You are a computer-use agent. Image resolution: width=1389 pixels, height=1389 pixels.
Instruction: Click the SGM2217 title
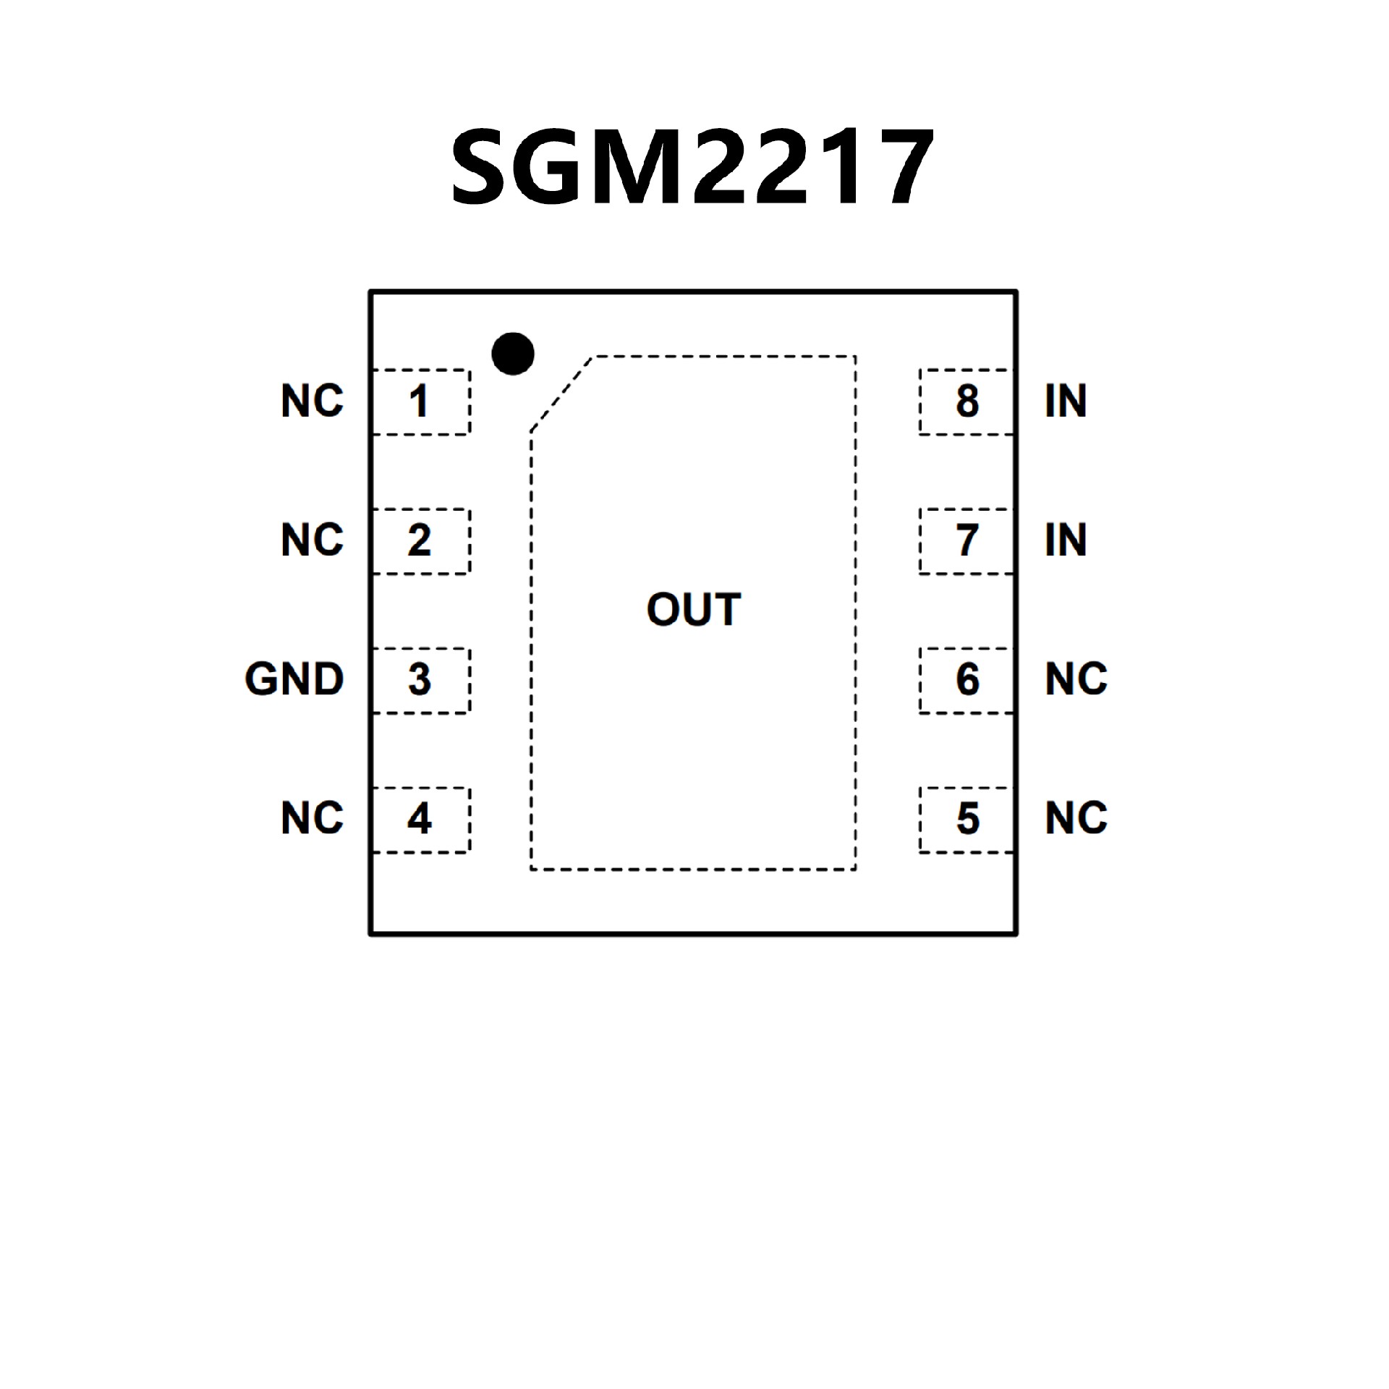click(x=692, y=168)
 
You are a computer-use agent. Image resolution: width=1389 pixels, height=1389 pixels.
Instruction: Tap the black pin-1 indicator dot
click(x=512, y=354)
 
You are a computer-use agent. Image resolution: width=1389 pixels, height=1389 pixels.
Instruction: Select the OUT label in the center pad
click(x=693, y=609)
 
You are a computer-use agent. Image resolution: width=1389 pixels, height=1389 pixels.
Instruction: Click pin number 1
click(x=419, y=402)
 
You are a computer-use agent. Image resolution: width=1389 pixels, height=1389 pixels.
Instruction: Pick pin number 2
click(x=419, y=540)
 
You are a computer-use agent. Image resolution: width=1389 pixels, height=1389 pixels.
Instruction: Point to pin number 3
click(x=419, y=680)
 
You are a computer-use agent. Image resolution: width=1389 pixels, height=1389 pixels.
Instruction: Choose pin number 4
click(x=419, y=819)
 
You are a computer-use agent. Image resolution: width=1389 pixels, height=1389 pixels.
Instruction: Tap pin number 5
click(x=967, y=819)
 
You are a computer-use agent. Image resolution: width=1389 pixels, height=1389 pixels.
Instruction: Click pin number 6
click(x=967, y=680)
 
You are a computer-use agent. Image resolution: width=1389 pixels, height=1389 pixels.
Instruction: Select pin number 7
click(x=967, y=540)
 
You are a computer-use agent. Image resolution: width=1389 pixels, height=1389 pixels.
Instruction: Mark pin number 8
click(x=967, y=402)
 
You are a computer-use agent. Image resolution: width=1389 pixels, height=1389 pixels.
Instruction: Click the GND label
click(x=294, y=680)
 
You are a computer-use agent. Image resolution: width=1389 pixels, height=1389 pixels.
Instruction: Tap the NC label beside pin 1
click(x=312, y=402)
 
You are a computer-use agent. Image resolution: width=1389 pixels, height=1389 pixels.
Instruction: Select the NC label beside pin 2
click(x=312, y=540)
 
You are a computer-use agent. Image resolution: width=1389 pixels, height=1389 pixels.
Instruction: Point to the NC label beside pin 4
click(x=312, y=819)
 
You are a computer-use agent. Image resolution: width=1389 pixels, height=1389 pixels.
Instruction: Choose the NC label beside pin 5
click(x=1076, y=819)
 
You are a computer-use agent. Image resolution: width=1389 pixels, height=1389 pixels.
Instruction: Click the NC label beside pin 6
click(x=1076, y=680)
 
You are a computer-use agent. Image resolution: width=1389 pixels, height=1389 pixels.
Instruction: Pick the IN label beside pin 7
click(x=1066, y=540)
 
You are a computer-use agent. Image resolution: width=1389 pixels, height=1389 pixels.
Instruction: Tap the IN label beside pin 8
click(x=1066, y=402)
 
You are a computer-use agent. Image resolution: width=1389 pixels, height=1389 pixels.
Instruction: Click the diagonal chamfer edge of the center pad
click(x=562, y=394)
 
